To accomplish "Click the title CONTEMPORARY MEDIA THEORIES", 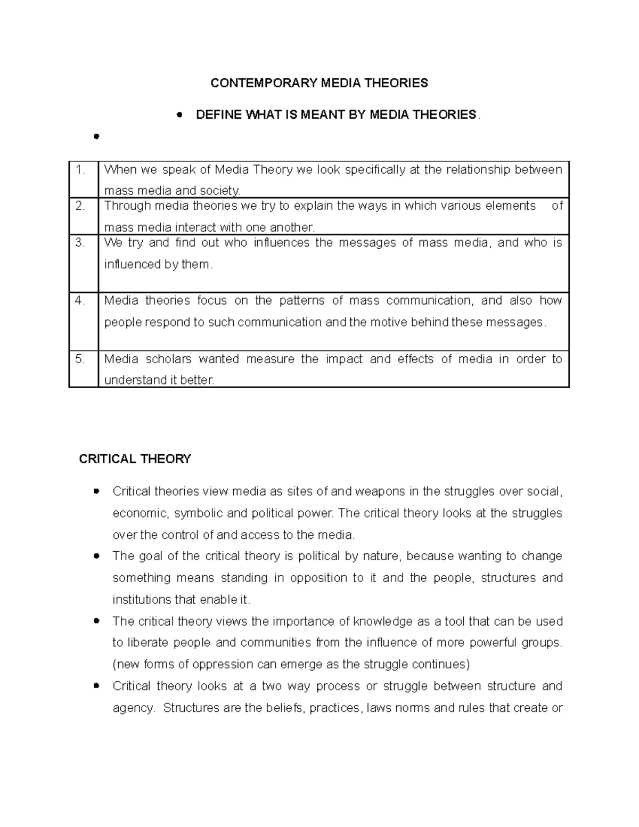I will pyautogui.click(x=319, y=83).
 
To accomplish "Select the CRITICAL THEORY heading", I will pyautogui.click(x=135, y=459).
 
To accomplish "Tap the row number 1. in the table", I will pyautogui.click(x=80, y=170).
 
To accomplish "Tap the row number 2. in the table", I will pyautogui.click(x=80, y=206).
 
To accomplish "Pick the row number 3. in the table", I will pyautogui.click(x=80, y=243).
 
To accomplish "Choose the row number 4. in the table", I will pyautogui.click(x=80, y=300).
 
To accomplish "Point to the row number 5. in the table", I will pyautogui.click(x=80, y=359).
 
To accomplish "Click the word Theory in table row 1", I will pyautogui.click(x=273, y=170).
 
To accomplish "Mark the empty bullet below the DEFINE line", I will pyautogui.click(x=96, y=136).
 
